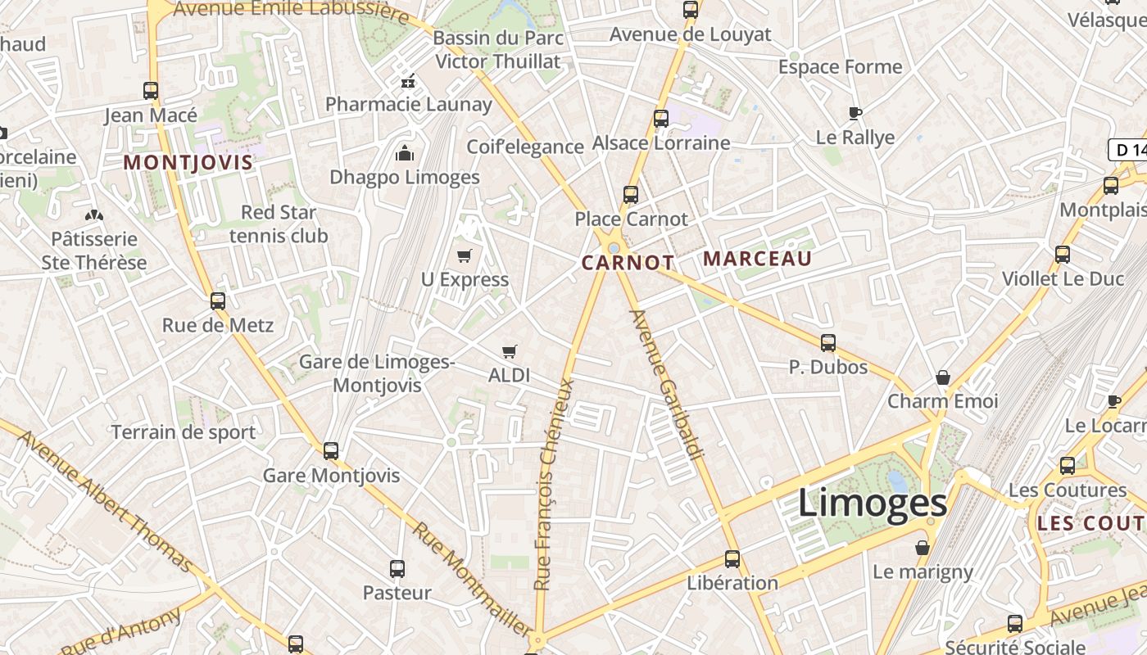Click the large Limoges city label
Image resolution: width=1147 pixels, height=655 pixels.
pyautogui.click(x=873, y=503)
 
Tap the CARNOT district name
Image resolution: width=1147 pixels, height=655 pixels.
pyautogui.click(x=628, y=263)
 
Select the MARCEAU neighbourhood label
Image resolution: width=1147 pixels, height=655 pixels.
pyautogui.click(x=757, y=259)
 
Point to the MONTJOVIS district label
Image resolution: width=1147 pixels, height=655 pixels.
pyautogui.click(x=188, y=162)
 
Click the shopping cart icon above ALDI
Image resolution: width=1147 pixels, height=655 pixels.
pyautogui.click(x=510, y=352)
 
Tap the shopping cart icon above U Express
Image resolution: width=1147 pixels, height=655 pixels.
pyautogui.click(x=465, y=255)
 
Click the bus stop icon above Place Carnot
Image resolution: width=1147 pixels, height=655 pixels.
pyautogui.click(x=630, y=195)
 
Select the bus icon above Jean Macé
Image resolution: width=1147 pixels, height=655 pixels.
pyautogui.click(x=151, y=91)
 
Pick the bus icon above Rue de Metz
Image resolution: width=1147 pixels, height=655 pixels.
pyautogui.click(x=217, y=300)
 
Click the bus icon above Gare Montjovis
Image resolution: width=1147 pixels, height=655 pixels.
pyautogui.click(x=331, y=450)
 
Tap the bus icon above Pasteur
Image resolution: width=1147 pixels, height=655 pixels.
pyautogui.click(x=397, y=568)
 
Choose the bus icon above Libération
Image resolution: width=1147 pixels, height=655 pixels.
pyautogui.click(x=732, y=559)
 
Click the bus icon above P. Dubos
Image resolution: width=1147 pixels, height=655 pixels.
pyautogui.click(x=828, y=343)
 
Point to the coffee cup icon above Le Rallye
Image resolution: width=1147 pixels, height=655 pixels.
pyautogui.click(x=855, y=113)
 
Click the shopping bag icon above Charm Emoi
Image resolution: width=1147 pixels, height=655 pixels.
pyautogui.click(x=943, y=377)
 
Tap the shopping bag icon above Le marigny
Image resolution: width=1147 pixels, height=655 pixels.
pyautogui.click(x=923, y=548)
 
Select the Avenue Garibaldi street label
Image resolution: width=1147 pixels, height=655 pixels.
pyautogui.click(x=667, y=384)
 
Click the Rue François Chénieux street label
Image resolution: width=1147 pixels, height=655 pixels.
pyautogui.click(x=554, y=483)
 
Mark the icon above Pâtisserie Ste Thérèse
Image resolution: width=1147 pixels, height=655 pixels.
pyautogui.click(x=95, y=215)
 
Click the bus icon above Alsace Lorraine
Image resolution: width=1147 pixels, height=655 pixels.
pyautogui.click(x=661, y=119)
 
